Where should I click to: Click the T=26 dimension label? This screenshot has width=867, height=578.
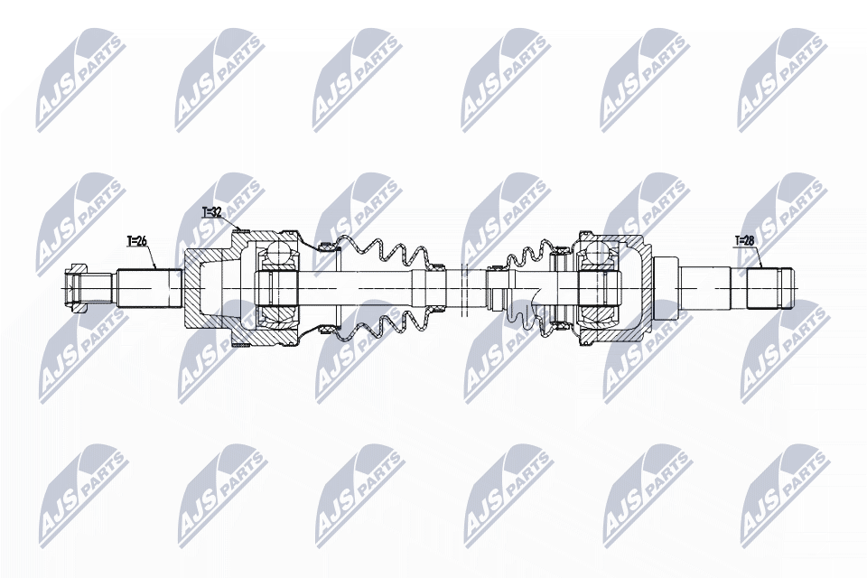click(136, 241)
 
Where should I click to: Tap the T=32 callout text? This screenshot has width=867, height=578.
click(211, 212)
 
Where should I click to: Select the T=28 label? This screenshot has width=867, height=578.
click(744, 240)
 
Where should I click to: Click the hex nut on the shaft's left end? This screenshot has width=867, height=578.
click(74, 287)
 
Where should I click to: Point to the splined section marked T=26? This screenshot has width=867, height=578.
click(149, 287)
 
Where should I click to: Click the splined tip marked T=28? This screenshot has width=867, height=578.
click(769, 287)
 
